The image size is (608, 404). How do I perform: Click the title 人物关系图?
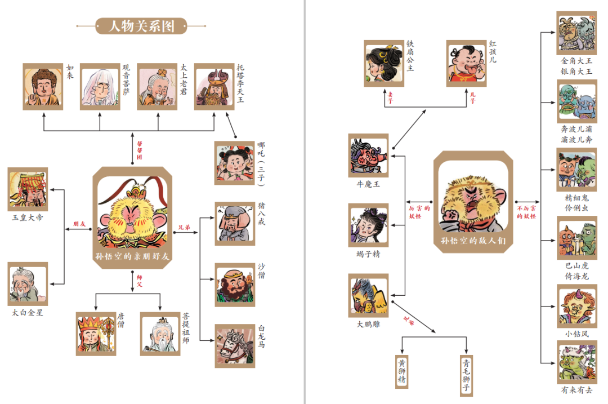tap(141, 26)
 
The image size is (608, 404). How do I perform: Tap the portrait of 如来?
tap(43, 86)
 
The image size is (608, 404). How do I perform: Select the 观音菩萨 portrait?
tap(100, 86)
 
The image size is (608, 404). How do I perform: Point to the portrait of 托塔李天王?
tap(214, 86)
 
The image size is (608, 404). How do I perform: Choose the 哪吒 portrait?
tap(234, 163)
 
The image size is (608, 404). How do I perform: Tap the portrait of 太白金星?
tap(28, 283)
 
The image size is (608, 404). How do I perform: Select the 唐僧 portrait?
tap(96, 334)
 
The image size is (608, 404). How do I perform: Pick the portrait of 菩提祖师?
tap(160, 334)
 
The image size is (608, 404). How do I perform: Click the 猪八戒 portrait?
tap(234, 224)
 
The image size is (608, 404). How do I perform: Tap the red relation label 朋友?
tap(79, 224)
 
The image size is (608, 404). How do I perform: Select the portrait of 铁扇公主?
tap(383, 63)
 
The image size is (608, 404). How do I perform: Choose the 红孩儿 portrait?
tap(467, 63)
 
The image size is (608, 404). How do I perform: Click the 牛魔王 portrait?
tap(368, 156)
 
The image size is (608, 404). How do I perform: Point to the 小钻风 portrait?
tap(577, 305)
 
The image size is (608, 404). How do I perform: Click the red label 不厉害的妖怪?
tap(527, 211)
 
